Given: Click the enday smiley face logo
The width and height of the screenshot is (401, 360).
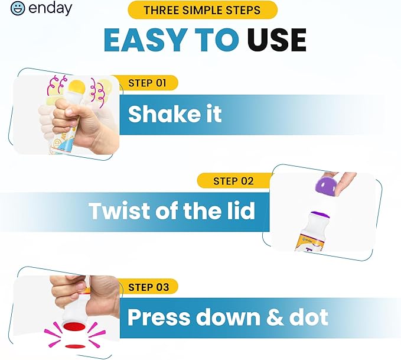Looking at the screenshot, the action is coord(18,9).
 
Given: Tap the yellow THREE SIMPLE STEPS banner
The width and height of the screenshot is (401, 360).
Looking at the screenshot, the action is coord(203,10).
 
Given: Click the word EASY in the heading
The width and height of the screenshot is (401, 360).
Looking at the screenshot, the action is coord(145,40).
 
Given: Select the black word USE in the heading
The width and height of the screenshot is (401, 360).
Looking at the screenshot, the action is coord(277,40).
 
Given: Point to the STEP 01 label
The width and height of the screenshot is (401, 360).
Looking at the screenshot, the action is coord(147,83).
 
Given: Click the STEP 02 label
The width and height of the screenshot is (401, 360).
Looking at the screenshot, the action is coord(233,181).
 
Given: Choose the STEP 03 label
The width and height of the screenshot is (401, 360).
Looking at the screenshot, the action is coord(149,287).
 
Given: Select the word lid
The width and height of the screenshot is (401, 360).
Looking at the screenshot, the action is coord(240,210).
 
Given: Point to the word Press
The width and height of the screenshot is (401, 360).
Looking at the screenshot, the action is coord(159,317).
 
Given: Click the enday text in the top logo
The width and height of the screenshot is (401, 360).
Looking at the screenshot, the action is coord(50,8).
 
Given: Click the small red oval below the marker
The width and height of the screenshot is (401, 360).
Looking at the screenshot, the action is coord(75,346).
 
